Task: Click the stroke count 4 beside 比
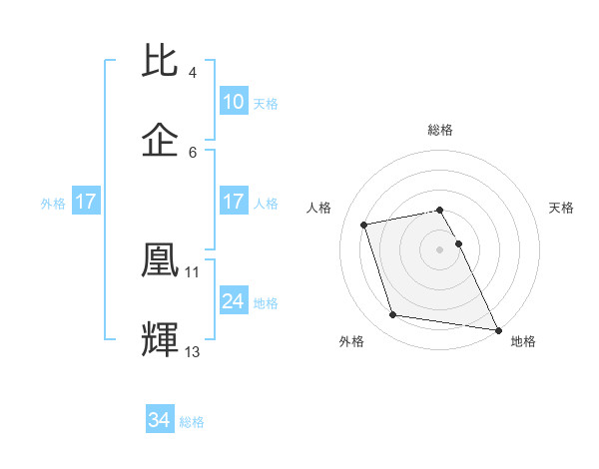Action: pos(193,73)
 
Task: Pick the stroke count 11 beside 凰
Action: pos(193,270)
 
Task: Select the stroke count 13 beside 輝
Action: pos(193,351)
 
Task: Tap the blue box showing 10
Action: pos(234,102)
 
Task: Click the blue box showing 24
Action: pos(234,301)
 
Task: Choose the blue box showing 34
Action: pos(159,421)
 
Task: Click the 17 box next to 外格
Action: pos(86,202)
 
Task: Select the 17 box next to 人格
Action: pos(234,202)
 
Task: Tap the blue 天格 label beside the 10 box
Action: pos(265,103)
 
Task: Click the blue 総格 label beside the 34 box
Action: pos(192,422)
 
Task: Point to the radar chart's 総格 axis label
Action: pos(440,130)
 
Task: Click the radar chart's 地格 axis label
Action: pos(523,341)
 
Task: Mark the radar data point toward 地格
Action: pos(497,329)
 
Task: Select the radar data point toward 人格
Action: pos(364,224)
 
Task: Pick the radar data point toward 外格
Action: pos(393,315)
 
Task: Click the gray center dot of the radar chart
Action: pos(440,248)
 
